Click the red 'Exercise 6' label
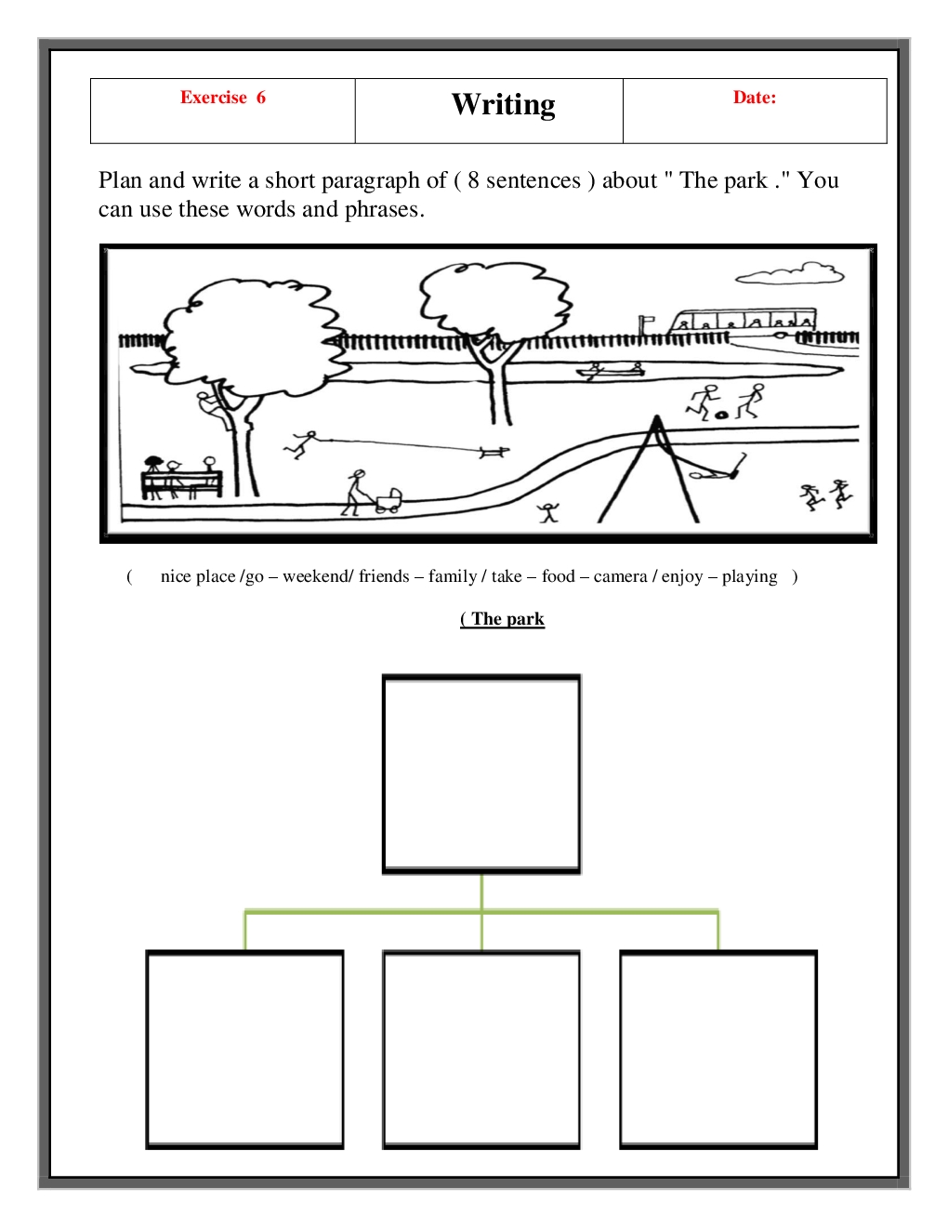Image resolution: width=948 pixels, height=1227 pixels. (x=222, y=97)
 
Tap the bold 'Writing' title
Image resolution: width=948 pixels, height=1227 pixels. (x=503, y=105)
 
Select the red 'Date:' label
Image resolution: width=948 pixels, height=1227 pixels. (x=755, y=97)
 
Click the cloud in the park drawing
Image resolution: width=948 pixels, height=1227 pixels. (x=790, y=272)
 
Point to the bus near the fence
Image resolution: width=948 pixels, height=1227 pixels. (x=743, y=323)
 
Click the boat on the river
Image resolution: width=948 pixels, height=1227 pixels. (x=611, y=370)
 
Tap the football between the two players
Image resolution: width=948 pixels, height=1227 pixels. (x=720, y=415)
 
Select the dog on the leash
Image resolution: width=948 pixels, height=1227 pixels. (x=494, y=452)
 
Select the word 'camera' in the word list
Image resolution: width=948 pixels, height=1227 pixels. (x=620, y=576)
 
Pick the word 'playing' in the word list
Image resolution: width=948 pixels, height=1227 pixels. (x=749, y=577)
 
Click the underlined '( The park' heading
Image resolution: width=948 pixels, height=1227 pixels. (x=503, y=619)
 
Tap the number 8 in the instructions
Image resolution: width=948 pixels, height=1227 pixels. (x=473, y=180)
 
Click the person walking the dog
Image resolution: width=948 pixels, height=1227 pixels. (x=301, y=444)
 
